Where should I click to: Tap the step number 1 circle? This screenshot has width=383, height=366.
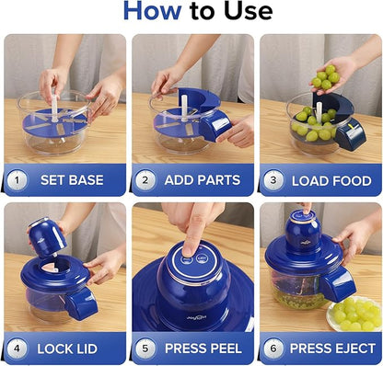17,179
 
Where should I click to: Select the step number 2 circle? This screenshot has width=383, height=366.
144,179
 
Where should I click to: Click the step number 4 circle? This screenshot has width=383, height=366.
17,349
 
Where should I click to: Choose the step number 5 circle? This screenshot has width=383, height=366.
144,349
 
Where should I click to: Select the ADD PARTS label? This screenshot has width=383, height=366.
202,179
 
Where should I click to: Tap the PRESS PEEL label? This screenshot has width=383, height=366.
203,349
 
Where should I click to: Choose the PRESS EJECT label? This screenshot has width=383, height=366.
331,349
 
